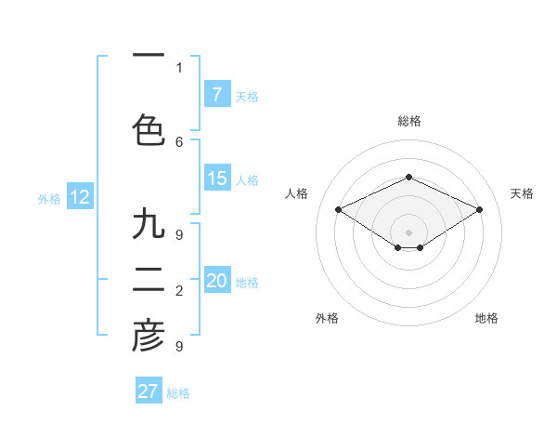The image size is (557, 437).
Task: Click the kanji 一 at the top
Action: (x=149, y=56)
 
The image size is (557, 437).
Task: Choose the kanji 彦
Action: (x=149, y=337)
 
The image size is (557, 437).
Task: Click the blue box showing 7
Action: (x=217, y=95)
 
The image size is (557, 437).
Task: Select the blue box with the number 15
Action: (x=217, y=179)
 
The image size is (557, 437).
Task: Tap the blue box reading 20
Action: (x=217, y=281)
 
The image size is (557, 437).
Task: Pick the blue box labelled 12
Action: (x=79, y=197)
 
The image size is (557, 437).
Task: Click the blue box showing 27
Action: (x=149, y=391)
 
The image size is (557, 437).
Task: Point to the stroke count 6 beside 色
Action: (x=179, y=141)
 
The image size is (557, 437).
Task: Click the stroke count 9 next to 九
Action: (x=179, y=234)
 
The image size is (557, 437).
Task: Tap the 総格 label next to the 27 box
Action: (x=178, y=393)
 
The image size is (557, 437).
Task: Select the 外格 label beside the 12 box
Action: (x=49, y=198)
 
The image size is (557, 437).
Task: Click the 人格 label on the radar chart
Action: (x=297, y=193)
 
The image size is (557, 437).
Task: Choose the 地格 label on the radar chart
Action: (x=486, y=319)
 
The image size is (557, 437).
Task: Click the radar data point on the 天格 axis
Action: (x=479, y=209)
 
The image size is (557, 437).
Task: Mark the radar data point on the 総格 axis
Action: (x=408, y=177)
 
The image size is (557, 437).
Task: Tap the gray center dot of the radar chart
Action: (x=408, y=231)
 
